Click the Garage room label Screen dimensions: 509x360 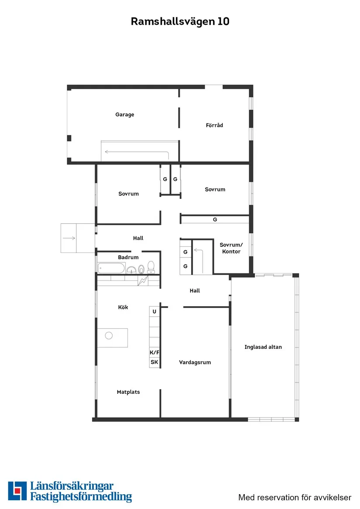pyautogui.click(x=125, y=115)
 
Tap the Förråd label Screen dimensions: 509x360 pyautogui.click(x=214, y=125)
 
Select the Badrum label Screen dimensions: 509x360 pyautogui.click(x=128, y=257)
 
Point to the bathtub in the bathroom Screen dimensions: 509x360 pyautogui.click(x=112, y=268)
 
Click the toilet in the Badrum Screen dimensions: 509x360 pyautogui.click(x=151, y=266)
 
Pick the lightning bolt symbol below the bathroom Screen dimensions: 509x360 pyautogui.click(x=142, y=281)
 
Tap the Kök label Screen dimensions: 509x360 pyautogui.click(x=123, y=307)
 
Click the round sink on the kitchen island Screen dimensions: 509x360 pyautogui.click(x=109, y=335)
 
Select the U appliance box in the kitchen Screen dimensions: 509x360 pyautogui.click(x=154, y=311)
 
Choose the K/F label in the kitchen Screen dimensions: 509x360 pyautogui.click(x=154, y=352)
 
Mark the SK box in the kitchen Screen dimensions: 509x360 pyautogui.click(x=154, y=362)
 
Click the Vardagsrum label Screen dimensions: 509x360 pyautogui.click(x=195, y=362)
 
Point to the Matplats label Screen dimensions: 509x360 pyautogui.click(x=128, y=392)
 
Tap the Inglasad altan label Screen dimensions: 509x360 pyautogui.click(x=263, y=347)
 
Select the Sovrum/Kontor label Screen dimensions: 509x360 pyautogui.click(x=231, y=248)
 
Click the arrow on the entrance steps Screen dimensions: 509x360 pyautogui.click(x=69, y=238)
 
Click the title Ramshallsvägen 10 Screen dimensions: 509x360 pyautogui.click(x=180, y=22)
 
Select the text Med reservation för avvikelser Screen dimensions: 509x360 pyautogui.click(x=295, y=497)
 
